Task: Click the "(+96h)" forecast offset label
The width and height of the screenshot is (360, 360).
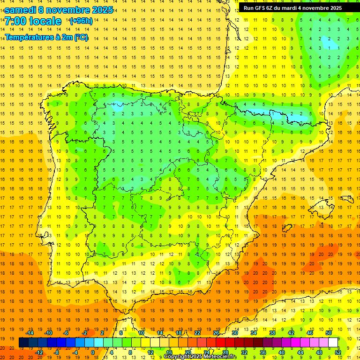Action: click(x=81, y=21)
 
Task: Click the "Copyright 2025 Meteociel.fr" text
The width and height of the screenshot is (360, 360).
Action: click(x=200, y=357)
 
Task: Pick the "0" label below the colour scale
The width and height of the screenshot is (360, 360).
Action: click(x=92, y=352)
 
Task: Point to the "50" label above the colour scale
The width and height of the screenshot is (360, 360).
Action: click(x=329, y=333)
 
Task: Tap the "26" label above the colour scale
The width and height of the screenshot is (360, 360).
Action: click(x=216, y=333)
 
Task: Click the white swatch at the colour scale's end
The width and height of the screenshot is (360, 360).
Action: click(x=333, y=343)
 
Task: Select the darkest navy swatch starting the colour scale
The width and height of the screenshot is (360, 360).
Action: click(x=23, y=343)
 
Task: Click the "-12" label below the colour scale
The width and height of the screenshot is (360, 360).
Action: click(x=39, y=352)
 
